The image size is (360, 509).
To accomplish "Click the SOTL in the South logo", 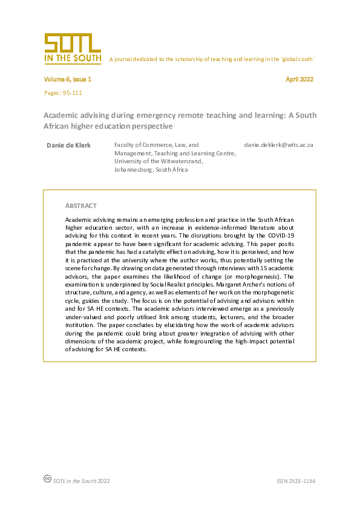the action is click(72, 49).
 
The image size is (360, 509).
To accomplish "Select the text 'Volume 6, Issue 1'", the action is click(67, 79).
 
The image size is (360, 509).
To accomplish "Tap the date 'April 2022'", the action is click(299, 79).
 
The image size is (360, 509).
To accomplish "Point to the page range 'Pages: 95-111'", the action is click(63, 92).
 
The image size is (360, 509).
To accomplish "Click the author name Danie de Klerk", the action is click(69, 145).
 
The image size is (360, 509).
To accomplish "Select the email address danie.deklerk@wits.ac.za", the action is click(278, 145).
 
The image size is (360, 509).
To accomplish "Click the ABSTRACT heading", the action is click(80, 206).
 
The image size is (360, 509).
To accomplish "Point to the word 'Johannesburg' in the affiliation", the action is click(133, 170).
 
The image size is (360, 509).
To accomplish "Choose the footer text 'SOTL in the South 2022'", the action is click(81, 481).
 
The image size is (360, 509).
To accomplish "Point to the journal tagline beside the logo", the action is click(211, 59).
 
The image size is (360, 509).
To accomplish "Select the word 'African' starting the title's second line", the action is click(58, 126).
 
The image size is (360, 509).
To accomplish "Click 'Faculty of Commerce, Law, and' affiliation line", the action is click(156, 145).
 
